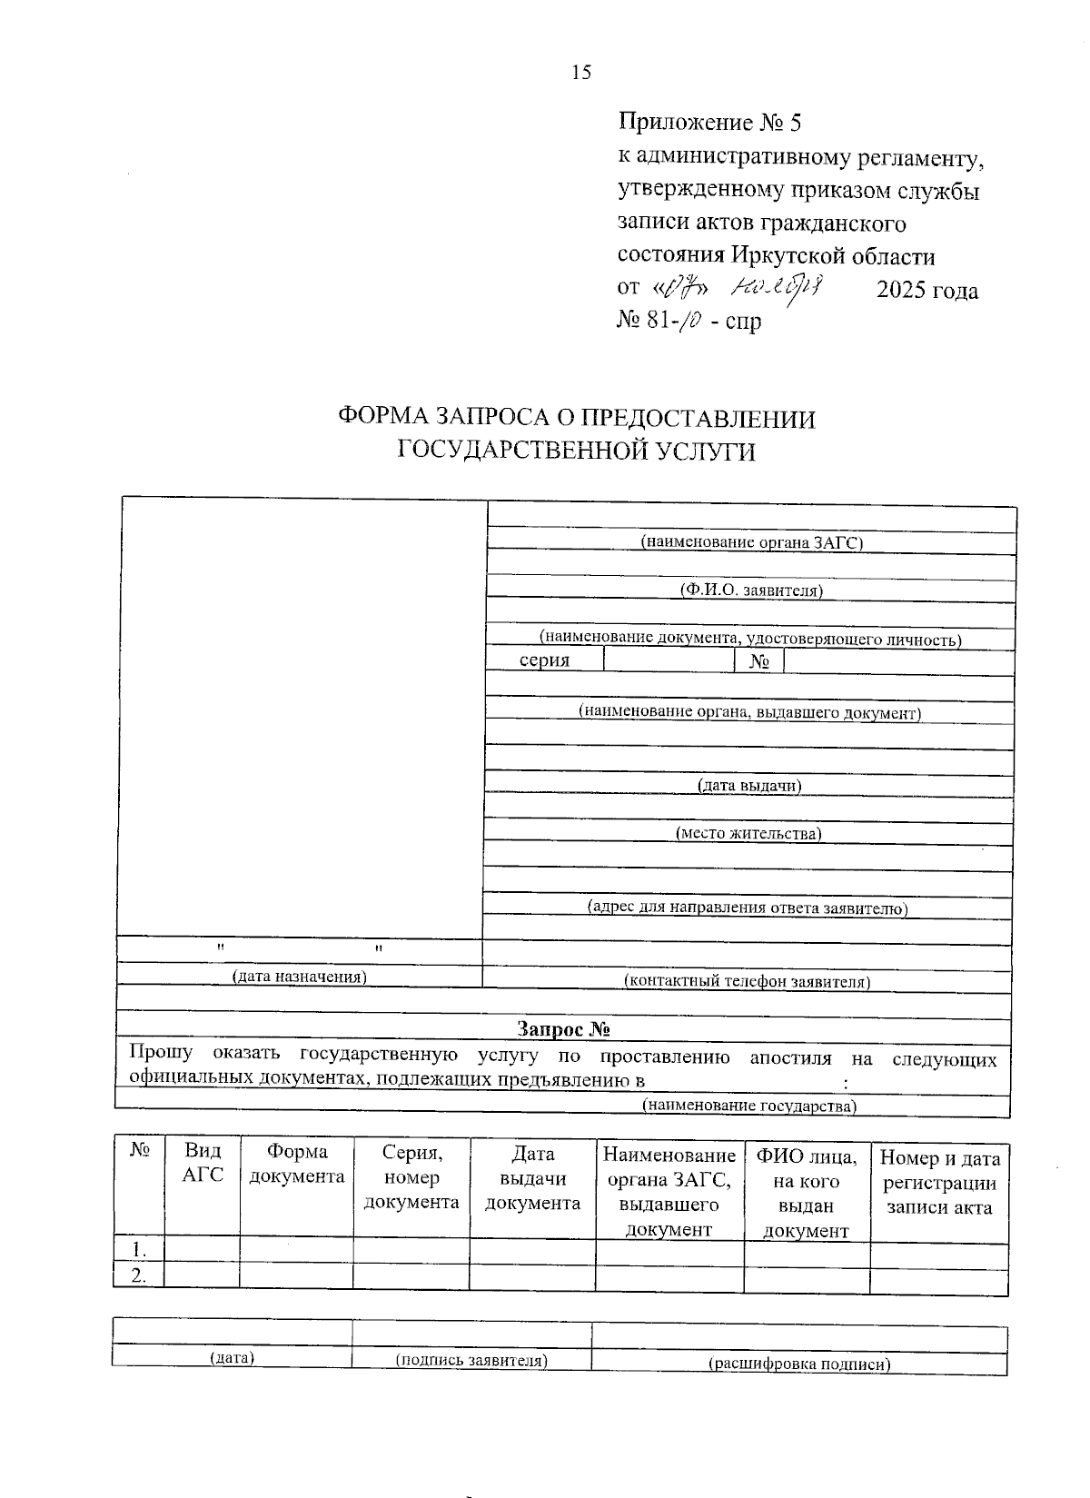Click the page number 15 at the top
point(580,73)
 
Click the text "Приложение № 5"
point(709,122)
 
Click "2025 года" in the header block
point(926,291)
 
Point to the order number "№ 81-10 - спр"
point(689,321)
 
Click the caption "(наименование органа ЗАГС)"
point(751,542)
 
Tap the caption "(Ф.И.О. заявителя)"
point(751,590)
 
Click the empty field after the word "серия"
point(668,660)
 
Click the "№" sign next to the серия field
point(758,661)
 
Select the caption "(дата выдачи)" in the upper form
point(749,785)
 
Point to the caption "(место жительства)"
point(748,833)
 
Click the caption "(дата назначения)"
point(299,977)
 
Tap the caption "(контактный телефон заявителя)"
point(747,981)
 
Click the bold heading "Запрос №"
point(563,1029)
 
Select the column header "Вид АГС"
point(202,1164)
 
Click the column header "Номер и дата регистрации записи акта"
point(939,1183)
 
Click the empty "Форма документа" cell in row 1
point(296,1249)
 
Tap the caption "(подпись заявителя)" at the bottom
point(471,1360)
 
